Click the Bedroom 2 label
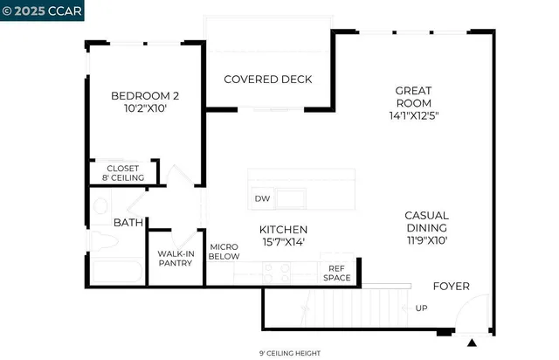point(144,96)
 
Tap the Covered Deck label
point(268,80)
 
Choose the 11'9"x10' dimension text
point(426,239)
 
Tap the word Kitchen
point(284,229)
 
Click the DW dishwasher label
point(261,198)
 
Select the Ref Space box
point(338,273)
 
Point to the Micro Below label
point(224,253)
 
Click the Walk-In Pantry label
point(176,259)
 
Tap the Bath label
point(128,224)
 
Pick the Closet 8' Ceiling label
point(123,173)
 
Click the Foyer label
point(452,286)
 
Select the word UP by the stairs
point(421,308)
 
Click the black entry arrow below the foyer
point(473,342)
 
